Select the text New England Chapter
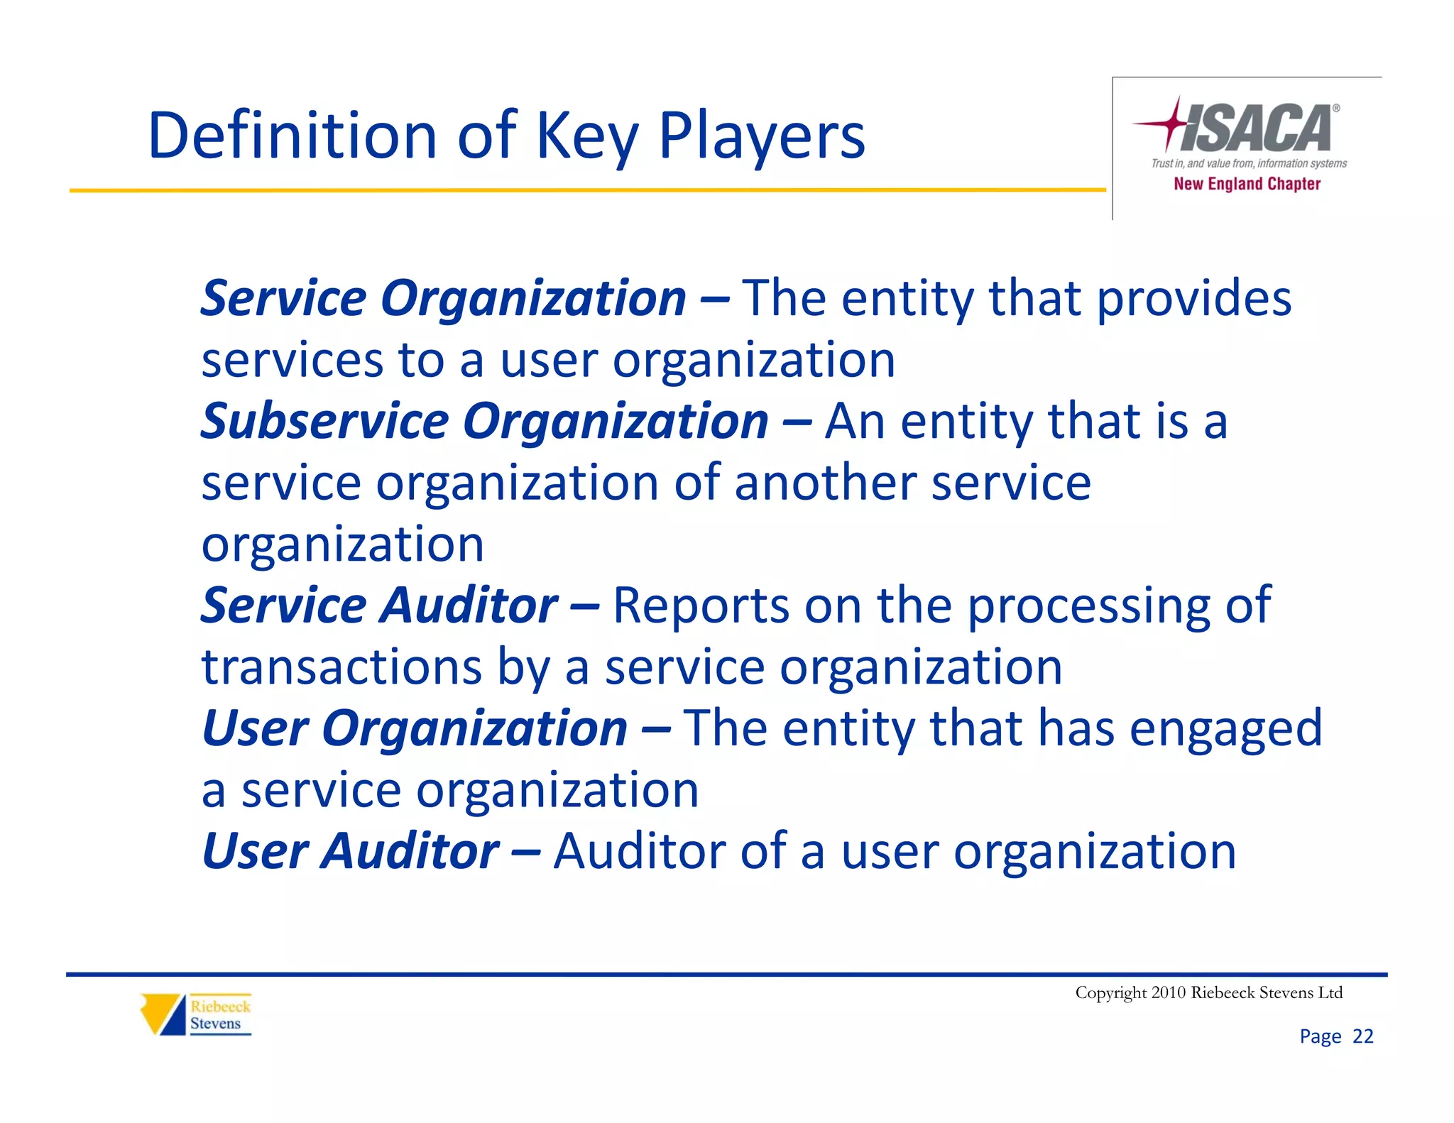pyautogui.click(x=1247, y=184)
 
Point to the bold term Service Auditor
pyautogui.click(x=379, y=606)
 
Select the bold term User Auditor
pyautogui.click(x=351, y=851)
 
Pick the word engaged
pyautogui.click(x=1225, y=729)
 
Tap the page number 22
pyautogui.click(x=1362, y=1036)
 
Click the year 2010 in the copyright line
pyautogui.click(x=1169, y=992)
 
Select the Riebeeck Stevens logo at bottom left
pyautogui.click(x=196, y=1014)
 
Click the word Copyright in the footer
pyautogui.click(x=1110, y=992)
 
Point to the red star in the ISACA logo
pyautogui.click(x=1171, y=124)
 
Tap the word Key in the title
pyautogui.click(x=586, y=136)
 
